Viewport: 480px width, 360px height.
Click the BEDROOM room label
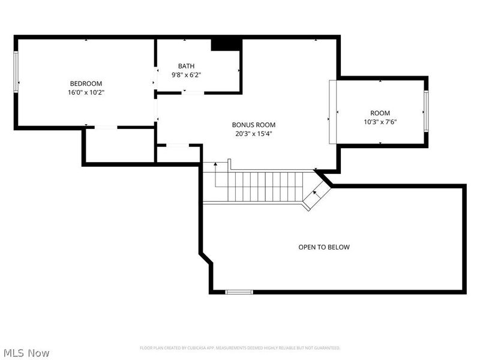pyautogui.click(x=86, y=83)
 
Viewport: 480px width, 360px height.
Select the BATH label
pyautogui.click(x=186, y=66)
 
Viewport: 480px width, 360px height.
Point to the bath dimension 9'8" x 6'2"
pyautogui.click(x=186, y=75)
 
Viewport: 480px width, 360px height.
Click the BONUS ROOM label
pyautogui.click(x=253, y=125)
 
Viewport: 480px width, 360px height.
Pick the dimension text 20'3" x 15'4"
pyautogui.click(x=253, y=134)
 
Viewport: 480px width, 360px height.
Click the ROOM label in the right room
pyautogui.click(x=380, y=113)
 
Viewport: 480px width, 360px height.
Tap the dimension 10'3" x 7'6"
pyautogui.click(x=380, y=122)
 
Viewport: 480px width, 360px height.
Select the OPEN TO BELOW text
pyautogui.click(x=324, y=247)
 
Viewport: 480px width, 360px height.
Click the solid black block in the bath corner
pyautogui.click(x=226, y=44)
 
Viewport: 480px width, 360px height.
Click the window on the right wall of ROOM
pyautogui.click(x=426, y=111)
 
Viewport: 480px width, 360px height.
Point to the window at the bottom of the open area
pyautogui.click(x=239, y=292)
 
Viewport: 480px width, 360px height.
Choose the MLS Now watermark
pyautogui.click(x=27, y=353)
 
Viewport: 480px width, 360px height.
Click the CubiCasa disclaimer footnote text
pyautogui.click(x=240, y=348)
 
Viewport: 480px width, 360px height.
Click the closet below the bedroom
pyautogui.click(x=119, y=145)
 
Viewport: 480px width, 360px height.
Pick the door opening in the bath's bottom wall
pyautogui.click(x=193, y=92)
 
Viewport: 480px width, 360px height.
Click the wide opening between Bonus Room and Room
pyautogui.click(x=332, y=112)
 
